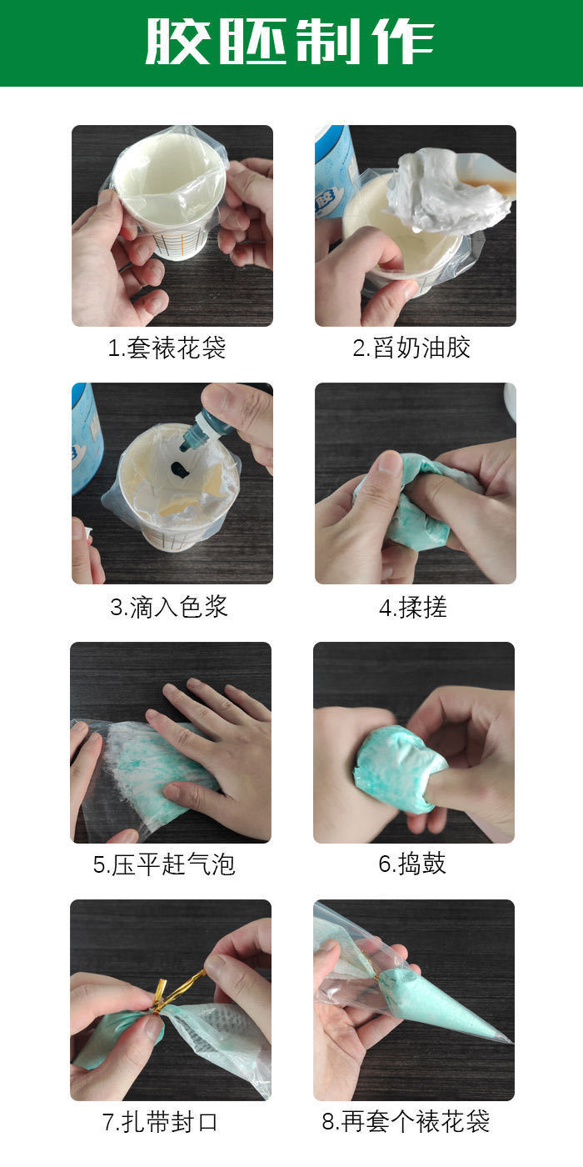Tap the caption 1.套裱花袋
coord(167,348)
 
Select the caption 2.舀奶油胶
coord(411,348)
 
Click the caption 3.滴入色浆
coord(169,606)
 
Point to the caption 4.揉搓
coord(413,607)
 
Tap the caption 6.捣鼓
coord(412,864)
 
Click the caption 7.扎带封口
coord(160,1122)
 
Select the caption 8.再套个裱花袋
coord(406,1122)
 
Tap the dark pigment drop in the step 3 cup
coord(179,470)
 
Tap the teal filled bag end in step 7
coord(112,1038)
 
